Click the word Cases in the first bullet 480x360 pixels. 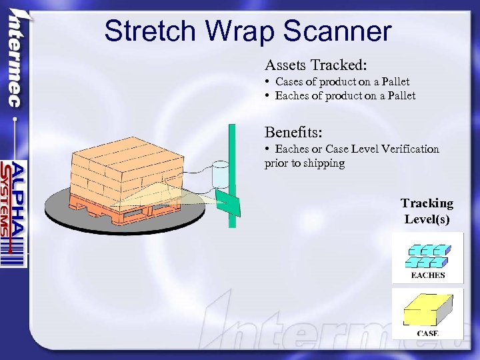tap(290, 82)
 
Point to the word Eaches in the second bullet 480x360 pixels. tap(292, 96)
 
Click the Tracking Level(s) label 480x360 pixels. tap(427, 211)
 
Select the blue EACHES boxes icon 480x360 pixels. tap(427, 255)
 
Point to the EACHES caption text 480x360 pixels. tap(427, 275)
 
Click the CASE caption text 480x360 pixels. tap(427, 333)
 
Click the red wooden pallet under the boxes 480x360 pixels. tap(133, 211)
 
